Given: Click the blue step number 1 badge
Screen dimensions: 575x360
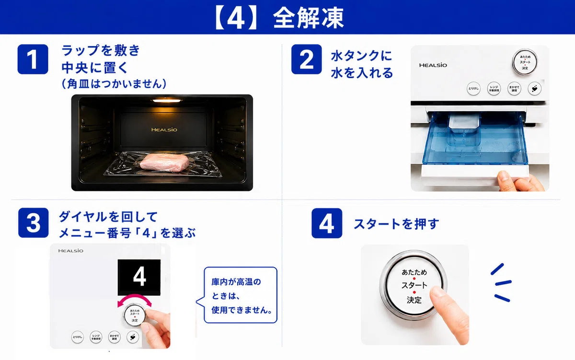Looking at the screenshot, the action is (x=33, y=59).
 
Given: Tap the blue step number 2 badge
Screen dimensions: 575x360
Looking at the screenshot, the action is (x=307, y=59).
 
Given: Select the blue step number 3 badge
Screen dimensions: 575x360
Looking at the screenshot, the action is (x=34, y=222).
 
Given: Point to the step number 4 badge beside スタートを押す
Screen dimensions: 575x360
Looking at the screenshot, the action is (x=327, y=223).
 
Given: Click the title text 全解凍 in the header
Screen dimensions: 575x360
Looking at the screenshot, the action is (x=308, y=18).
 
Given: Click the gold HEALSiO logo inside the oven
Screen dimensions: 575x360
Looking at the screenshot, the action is (x=164, y=130).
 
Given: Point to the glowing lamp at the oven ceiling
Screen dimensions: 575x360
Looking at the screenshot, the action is (x=167, y=101).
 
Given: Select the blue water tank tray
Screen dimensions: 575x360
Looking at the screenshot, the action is (x=475, y=138).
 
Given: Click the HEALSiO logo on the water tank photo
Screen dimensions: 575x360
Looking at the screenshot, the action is (x=433, y=65).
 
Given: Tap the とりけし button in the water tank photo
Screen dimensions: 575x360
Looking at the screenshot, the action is (x=473, y=89).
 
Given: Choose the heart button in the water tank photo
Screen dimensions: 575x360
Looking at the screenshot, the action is (x=535, y=89).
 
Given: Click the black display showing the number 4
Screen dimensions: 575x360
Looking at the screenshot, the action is (x=139, y=278).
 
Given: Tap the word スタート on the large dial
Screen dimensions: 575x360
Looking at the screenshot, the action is (x=414, y=285).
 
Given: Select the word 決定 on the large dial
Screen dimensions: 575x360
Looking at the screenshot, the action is (x=414, y=300).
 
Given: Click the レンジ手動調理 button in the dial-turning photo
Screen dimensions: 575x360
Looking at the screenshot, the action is (x=96, y=337).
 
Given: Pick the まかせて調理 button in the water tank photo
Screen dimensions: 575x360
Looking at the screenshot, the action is (x=514, y=89).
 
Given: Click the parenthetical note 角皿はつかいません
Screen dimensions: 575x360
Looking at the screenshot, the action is (x=114, y=84).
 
